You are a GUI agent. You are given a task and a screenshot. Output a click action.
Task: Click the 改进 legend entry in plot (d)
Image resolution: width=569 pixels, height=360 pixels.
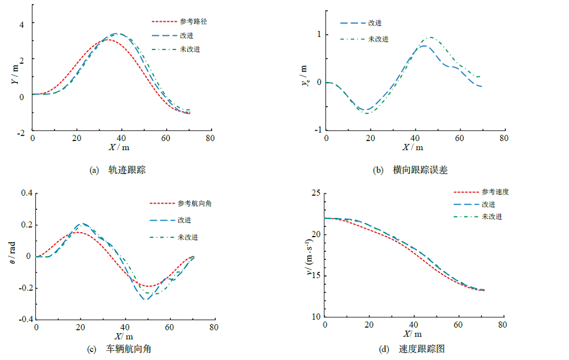488,204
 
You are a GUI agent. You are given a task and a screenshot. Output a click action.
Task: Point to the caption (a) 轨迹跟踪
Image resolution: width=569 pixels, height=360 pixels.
117,169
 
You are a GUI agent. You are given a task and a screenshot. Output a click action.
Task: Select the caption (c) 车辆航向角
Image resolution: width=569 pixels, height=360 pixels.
120,349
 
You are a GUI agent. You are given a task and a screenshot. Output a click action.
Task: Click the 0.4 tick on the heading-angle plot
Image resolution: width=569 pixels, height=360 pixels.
26,193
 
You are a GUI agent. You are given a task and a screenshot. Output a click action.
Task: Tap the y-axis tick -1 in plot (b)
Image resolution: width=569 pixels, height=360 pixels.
318,130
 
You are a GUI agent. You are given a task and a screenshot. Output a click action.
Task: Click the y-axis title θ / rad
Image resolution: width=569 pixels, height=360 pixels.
13,254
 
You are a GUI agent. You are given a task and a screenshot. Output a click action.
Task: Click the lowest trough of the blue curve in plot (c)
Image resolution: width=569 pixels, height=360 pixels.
145,299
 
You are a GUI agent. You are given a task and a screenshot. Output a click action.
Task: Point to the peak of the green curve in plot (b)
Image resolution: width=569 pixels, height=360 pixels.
431,38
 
